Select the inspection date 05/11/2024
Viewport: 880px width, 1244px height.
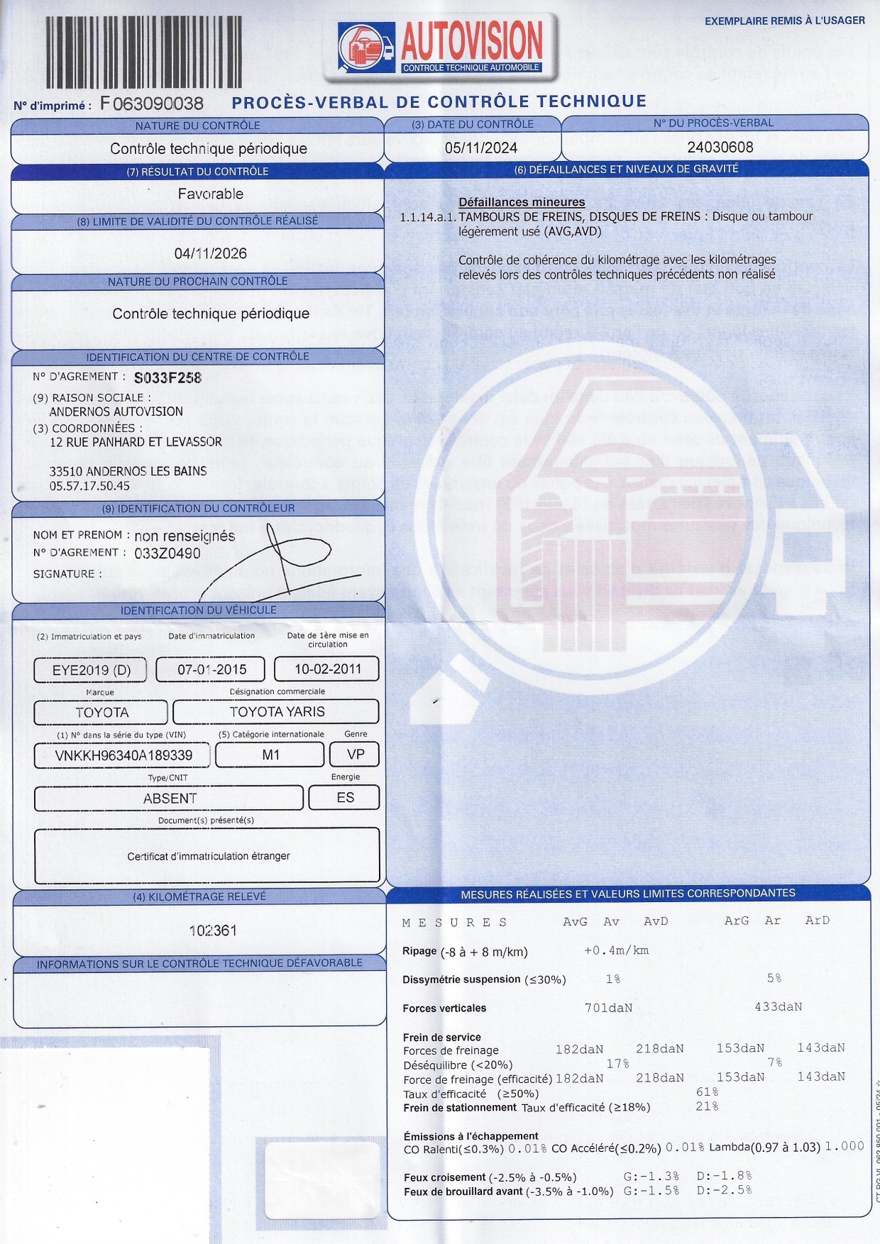[x=480, y=148]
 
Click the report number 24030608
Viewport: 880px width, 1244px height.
[x=720, y=147]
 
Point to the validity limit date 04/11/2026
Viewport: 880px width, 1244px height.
[x=211, y=253]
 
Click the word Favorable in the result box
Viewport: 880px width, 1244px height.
[x=211, y=194]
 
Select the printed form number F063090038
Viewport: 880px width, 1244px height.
[x=152, y=104]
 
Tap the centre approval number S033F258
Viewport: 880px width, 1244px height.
[x=167, y=378]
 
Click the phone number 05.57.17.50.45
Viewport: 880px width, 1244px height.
[x=89, y=486]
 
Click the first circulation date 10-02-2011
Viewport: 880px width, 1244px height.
[x=327, y=668]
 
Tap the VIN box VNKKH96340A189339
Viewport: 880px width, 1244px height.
[x=123, y=755]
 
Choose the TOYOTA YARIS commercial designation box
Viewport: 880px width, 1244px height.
[x=276, y=712]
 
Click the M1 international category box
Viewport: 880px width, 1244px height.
[x=270, y=754]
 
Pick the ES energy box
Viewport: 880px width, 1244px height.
[x=345, y=798]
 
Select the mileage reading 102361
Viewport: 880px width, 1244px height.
[x=213, y=930]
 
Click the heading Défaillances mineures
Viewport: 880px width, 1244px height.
[x=522, y=202]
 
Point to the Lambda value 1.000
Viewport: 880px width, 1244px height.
[x=846, y=1146]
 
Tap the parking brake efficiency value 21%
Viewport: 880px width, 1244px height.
[x=707, y=1106]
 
